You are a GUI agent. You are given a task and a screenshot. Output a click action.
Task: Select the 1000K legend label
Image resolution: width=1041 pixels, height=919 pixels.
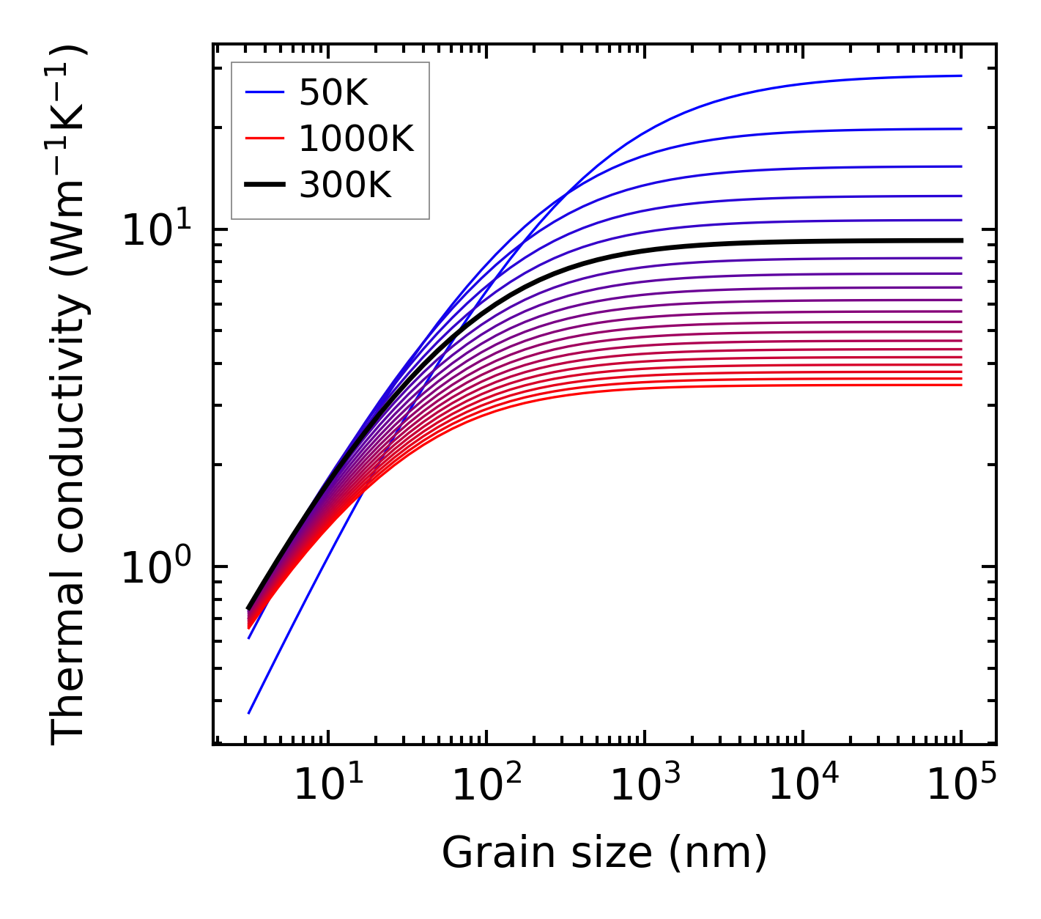pos(356,139)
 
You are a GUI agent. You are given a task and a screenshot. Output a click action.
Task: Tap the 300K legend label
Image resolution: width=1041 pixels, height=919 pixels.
pos(345,185)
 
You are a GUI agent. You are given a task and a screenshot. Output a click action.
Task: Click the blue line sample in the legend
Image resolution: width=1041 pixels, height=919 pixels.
pos(264,92)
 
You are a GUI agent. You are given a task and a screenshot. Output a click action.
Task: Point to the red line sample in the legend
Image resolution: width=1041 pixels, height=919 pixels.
pos(264,139)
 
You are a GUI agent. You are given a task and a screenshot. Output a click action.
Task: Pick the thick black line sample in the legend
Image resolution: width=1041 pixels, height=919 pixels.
pos(264,185)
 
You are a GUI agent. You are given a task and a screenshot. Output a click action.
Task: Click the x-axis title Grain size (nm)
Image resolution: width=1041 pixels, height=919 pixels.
pos(604,853)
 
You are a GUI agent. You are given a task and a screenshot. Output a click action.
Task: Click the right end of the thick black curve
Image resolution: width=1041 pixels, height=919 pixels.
pos(960,240)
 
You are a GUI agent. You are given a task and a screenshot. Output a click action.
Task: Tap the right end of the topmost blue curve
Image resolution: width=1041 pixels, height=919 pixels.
pos(960,75)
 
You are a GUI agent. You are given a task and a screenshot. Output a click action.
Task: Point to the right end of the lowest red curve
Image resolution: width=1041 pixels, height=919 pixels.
pos(960,385)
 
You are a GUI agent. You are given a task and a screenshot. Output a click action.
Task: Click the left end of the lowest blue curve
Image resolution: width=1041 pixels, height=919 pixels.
pos(249,712)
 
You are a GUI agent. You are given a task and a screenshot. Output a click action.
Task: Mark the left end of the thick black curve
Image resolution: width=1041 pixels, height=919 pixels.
pos(249,608)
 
